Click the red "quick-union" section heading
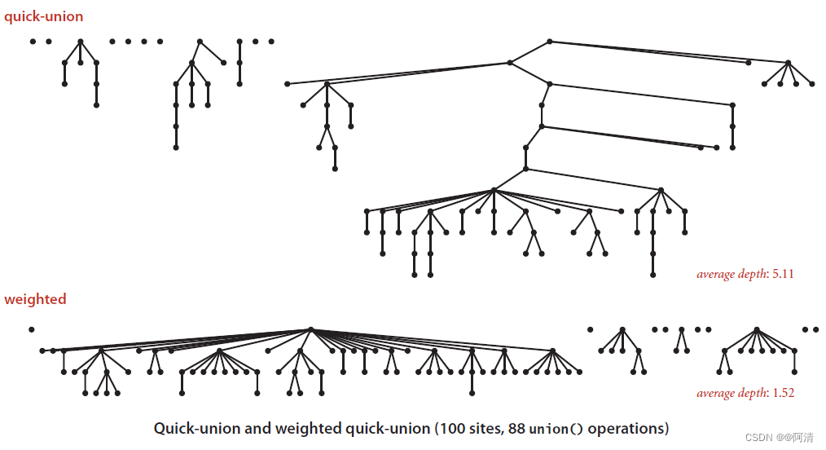coord(43,16)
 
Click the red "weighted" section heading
coord(35,299)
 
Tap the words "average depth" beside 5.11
coord(732,274)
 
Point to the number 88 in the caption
coord(516,428)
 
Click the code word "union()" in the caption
coord(556,429)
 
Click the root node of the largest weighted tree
coord(310,329)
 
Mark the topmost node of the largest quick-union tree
coord(550,42)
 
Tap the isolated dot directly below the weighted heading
coord(31,329)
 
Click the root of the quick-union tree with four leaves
coord(788,63)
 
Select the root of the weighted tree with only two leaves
coord(680,329)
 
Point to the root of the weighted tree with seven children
coord(757,329)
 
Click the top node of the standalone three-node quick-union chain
coord(239,42)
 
